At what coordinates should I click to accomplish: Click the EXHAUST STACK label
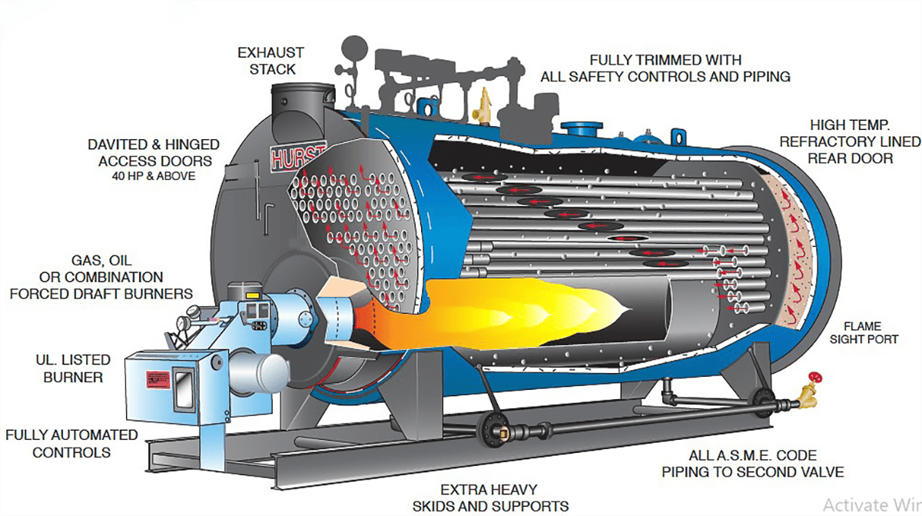click(270, 61)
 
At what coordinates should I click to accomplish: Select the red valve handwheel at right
click(816, 378)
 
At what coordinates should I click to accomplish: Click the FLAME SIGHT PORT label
click(870, 331)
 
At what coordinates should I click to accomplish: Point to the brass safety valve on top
click(484, 104)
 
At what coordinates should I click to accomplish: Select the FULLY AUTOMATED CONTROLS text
click(72, 444)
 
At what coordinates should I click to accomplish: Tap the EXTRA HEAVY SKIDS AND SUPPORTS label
click(490, 498)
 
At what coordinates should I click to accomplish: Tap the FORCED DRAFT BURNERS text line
click(101, 293)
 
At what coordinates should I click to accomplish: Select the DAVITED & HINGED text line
click(153, 145)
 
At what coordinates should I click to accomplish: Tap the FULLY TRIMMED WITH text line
click(665, 60)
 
